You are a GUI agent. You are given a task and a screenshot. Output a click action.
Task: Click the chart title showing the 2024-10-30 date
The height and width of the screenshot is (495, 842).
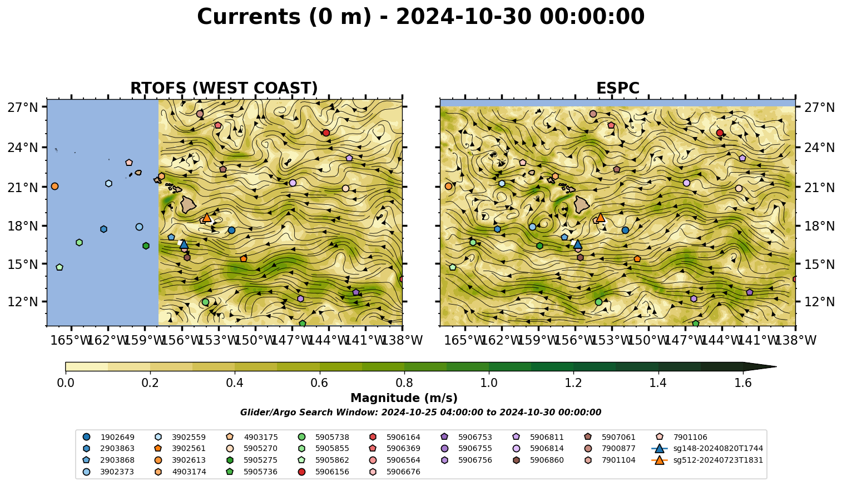[x=420, y=17]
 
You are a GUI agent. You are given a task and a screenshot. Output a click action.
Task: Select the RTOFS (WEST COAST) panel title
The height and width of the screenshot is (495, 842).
[x=224, y=88]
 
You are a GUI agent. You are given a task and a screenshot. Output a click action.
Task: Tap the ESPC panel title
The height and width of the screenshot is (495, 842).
[x=617, y=88]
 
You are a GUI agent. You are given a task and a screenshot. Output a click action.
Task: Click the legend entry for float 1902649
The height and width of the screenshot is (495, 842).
[x=108, y=437]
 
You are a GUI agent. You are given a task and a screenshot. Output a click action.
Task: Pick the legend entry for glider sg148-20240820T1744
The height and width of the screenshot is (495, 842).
[x=707, y=448]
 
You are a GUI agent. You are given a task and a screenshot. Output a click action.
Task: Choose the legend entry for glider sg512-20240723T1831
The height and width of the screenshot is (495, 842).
[x=707, y=460]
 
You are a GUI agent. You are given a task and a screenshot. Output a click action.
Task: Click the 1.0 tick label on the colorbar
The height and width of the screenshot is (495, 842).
[x=489, y=383]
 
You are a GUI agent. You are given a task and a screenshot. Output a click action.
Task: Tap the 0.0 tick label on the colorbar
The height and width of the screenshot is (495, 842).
[x=66, y=383]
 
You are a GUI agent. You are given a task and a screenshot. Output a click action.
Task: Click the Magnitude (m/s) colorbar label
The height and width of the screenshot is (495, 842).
[x=404, y=398]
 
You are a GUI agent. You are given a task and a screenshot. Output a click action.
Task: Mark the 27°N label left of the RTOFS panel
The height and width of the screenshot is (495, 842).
[x=23, y=107]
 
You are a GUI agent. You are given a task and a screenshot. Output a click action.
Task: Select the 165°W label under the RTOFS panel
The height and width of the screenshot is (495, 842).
[x=71, y=340]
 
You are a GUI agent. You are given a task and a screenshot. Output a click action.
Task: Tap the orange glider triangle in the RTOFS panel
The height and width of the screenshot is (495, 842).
[x=207, y=217]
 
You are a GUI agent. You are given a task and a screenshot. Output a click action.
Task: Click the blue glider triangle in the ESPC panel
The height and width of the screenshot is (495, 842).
[x=578, y=244]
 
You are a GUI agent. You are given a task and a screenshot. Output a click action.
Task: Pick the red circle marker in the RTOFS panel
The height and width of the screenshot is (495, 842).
[x=326, y=133]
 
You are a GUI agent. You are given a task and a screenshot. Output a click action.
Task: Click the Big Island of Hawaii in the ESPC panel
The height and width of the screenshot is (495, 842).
[x=582, y=205]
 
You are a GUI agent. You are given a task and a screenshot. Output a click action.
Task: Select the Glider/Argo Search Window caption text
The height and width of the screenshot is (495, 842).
[x=420, y=412]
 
